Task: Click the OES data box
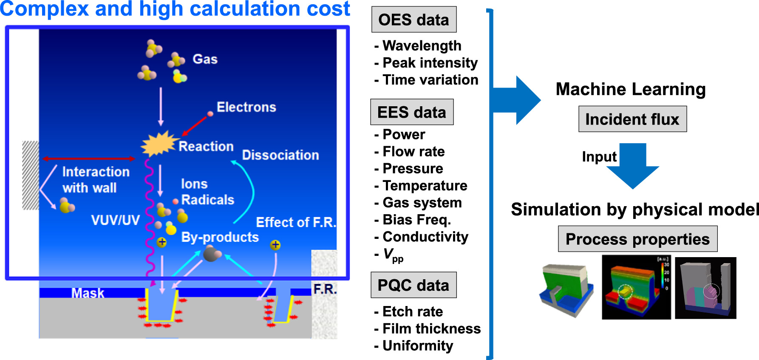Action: click(413, 20)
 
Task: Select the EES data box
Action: click(411, 112)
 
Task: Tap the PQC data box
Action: click(413, 285)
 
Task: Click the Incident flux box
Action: click(632, 119)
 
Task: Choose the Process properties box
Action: click(637, 239)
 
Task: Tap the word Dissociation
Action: click(280, 155)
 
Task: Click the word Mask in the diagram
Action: click(88, 293)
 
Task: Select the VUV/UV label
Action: click(115, 220)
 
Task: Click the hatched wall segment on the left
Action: click(31, 175)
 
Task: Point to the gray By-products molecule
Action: click(211, 255)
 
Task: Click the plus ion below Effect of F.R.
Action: click(275, 245)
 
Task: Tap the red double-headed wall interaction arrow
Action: click(88, 159)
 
